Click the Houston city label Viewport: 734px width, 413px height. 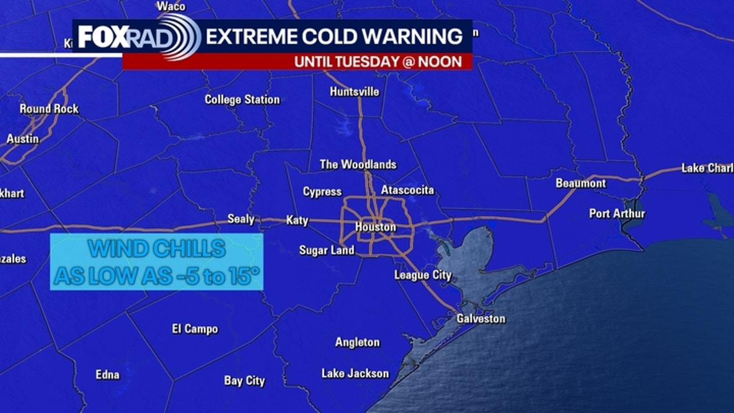[375, 227]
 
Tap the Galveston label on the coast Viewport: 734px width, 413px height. [480, 319]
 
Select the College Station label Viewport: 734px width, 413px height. [242, 99]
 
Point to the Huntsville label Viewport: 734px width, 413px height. [354, 92]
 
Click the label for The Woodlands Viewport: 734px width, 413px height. [358, 164]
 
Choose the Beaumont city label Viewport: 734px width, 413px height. [580, 183]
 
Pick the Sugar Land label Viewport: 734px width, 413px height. [326, 250]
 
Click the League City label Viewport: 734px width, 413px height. [423, 275]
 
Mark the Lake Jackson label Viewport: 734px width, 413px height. [355, 373]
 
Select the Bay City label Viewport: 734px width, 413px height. [244, 381]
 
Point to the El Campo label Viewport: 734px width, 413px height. [195, 329]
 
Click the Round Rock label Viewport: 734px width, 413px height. [49, 109]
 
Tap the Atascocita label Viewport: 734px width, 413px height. [407, 190]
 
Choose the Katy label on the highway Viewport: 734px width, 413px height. [297, 220]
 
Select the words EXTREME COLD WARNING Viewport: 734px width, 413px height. [334, 37]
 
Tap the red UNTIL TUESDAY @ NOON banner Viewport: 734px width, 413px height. [378, 61]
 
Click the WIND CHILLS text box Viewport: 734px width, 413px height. [156, 262]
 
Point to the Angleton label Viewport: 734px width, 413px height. [357, 342]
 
